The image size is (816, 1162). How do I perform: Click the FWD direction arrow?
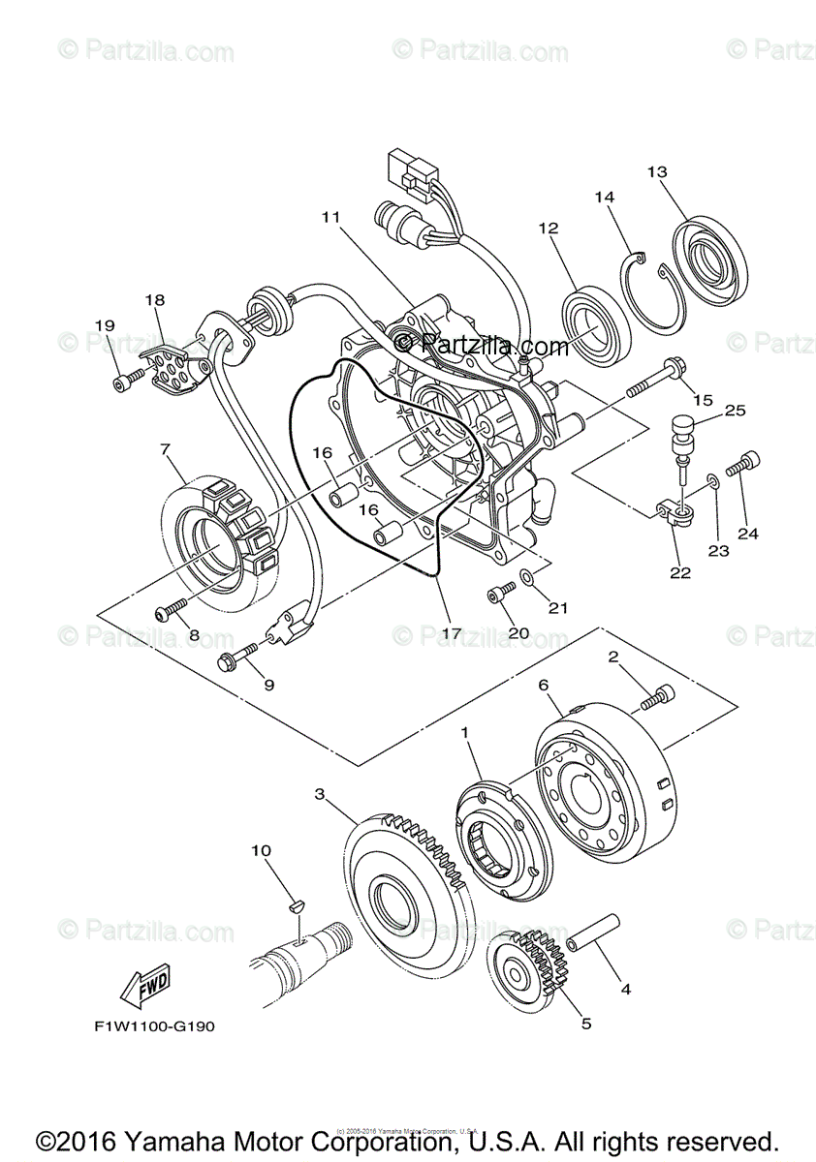point(142,988)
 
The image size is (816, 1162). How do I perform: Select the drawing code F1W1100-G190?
point(142,1026)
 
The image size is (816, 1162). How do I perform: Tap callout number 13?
point(657,171)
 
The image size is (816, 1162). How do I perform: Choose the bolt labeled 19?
point(120,384)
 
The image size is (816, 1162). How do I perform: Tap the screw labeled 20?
point(500,594)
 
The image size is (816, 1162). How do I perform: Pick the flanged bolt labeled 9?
point(235,659)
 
